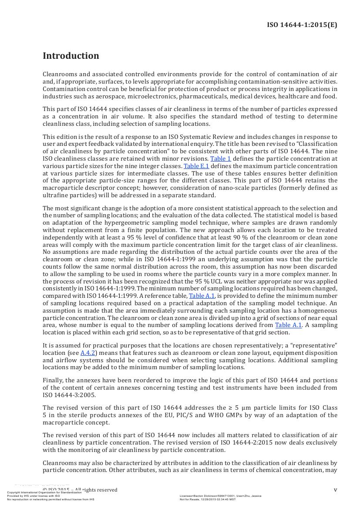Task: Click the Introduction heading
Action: coord(71,56)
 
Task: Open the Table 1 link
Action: coord(221,159)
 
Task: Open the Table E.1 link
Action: coord(196,166)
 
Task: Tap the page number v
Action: coord(335,490)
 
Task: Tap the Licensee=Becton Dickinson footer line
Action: coord(220,496)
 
